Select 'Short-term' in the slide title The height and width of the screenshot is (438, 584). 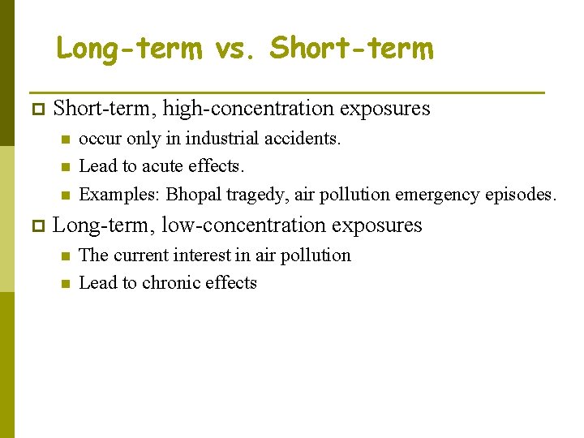click(x=352, y=49)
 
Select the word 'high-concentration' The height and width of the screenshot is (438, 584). click(x=232, y=109)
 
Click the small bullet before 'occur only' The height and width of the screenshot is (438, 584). click(x=65, y=139)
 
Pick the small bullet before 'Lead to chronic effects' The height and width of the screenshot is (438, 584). click(x=65, y=283)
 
